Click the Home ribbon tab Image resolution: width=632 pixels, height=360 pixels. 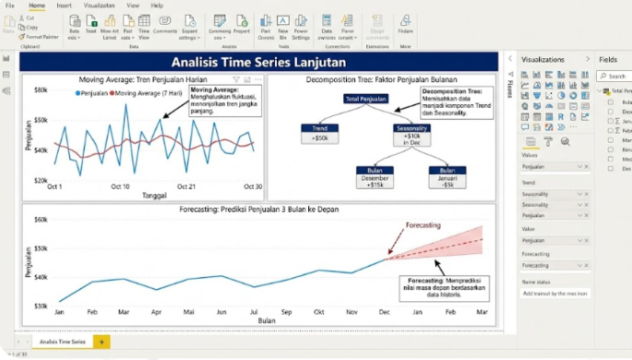(x=37, y=6)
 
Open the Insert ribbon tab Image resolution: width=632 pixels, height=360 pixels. (x=64, y=6)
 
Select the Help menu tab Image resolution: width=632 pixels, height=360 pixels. (x=157, y=6)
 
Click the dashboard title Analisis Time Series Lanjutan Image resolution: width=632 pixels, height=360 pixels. (x=258, y=62)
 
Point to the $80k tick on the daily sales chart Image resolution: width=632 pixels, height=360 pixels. (x=42, y=90)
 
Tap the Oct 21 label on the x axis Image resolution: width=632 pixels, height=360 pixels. (x=186, y=186)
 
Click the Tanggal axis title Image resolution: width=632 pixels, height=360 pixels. (x=154, y=195)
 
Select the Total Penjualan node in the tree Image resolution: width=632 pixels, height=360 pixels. (x=365, y=98)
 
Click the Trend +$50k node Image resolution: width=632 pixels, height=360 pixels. (x=320, y=133)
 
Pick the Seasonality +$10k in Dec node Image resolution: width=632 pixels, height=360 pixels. (x=411, y=133)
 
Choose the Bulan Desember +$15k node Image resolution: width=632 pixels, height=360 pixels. (x=376, y=176)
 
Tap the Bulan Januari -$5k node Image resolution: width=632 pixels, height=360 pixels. (x=447, y=176)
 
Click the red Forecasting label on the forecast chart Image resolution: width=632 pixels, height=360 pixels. (x=423, y=225)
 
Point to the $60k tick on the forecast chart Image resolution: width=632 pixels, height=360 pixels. (x=41, y=220)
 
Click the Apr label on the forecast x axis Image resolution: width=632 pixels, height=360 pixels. (x=156, y=313)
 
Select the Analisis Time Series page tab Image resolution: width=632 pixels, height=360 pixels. (x=64, y=342)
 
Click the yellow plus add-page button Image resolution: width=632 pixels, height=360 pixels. (x=101, y=342)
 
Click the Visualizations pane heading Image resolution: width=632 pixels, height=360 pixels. (x=548, y=59)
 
